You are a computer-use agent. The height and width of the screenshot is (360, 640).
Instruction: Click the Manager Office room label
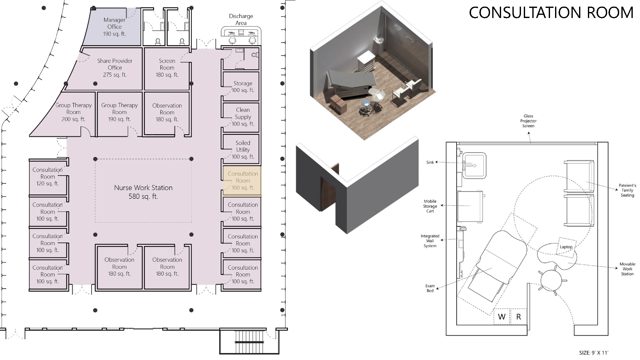tap(114, 27)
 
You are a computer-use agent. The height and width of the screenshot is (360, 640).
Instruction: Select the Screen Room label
tap(167, 68)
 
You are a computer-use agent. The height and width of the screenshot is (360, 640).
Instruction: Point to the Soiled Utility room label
tap(243, 150)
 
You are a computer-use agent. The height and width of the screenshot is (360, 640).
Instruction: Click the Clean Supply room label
tap(243, 117)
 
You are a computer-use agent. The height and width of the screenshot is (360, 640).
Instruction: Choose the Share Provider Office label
tap(115, 68)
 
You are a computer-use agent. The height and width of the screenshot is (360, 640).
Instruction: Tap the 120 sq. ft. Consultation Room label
tap(47, 177)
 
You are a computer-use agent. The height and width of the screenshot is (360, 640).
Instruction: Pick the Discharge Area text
tap(241, 19)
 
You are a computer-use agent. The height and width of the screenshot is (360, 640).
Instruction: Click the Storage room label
tap(243, 87)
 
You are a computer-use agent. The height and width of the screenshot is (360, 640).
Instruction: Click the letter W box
tap(502, 316)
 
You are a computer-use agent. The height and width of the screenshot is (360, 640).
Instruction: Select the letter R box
tap(518, 316)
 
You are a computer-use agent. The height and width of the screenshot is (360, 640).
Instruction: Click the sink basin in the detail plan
tap(474, 165)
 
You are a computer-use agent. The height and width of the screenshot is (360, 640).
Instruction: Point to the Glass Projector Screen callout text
tap(528, 121)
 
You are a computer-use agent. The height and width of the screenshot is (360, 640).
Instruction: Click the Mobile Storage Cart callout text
tap(430, 206)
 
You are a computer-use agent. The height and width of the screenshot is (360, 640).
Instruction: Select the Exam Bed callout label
tap(430, 288)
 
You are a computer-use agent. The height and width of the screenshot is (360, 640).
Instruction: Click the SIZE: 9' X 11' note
tap(594, 353)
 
